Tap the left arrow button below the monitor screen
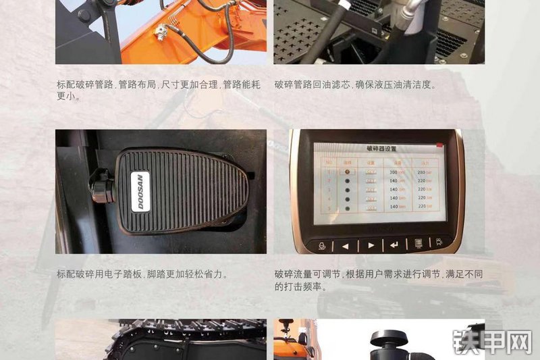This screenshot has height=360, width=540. [345, 245]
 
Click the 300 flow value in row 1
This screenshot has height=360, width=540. [395, 172]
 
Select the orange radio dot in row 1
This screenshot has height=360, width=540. [348, 172]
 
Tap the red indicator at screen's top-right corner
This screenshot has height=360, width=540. [439, 145]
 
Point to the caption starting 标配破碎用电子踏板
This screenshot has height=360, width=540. [142, 274]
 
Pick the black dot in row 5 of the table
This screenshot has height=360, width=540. [348, 209]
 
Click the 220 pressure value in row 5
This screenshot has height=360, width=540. [424, 209]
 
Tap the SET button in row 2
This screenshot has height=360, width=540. [370, 181]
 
